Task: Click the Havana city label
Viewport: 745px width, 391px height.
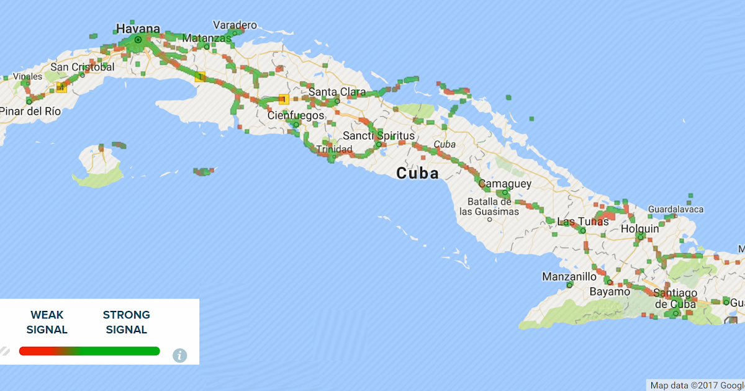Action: (137, 29)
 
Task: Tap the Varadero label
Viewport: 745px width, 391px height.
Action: (235, 25)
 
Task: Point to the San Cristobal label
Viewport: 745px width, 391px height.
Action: (83, 67)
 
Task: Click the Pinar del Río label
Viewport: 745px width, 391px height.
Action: (30, 111)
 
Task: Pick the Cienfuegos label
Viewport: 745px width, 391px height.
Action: (296, 115)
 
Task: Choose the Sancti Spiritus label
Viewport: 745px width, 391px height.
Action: (379, 136)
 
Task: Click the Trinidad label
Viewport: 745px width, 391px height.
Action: (334, 150)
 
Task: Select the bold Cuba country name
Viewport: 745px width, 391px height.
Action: (417, 173)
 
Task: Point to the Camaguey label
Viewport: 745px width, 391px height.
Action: (505, 184)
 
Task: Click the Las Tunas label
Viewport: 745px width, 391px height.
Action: (583, 222)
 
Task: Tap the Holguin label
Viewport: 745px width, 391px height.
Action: (639, 229)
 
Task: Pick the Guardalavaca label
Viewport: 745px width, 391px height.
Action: (675, 209)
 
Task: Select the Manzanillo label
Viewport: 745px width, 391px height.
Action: (569, 276)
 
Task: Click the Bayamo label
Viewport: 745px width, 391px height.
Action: (610, 291)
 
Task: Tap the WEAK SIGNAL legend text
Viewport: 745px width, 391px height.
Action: (47, 322)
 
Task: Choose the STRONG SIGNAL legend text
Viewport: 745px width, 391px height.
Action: (127, 322)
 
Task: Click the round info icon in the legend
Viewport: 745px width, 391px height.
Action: (179, 355)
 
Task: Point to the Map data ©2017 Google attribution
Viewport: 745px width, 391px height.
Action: (697, 385)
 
